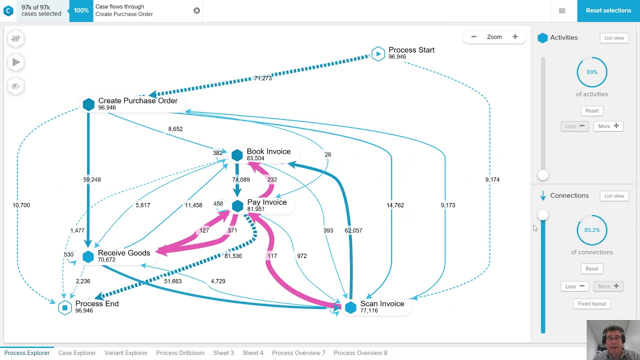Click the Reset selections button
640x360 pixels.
(608, 10)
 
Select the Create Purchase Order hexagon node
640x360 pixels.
(88, 104)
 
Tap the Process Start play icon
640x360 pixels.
(378, 53)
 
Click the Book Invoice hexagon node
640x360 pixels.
(237, 155)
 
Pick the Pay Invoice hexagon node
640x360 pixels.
(237, 205)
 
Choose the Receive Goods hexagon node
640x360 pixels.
(88, 256)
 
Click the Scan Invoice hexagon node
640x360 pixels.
(350, 307)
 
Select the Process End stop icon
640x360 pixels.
(65, 307)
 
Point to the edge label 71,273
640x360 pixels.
(262, 78)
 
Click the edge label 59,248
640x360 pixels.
(92, 179)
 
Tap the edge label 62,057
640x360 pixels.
(353, 230)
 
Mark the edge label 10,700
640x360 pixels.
(21, 205)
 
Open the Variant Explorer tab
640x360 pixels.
(126, 353)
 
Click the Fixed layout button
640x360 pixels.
(592, 303)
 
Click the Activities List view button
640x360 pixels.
(614, 38)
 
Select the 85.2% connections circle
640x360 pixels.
(592, 230)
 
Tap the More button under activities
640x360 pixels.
(608, 126)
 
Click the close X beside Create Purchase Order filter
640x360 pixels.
(196, 10)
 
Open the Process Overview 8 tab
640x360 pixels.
(360, 353)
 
